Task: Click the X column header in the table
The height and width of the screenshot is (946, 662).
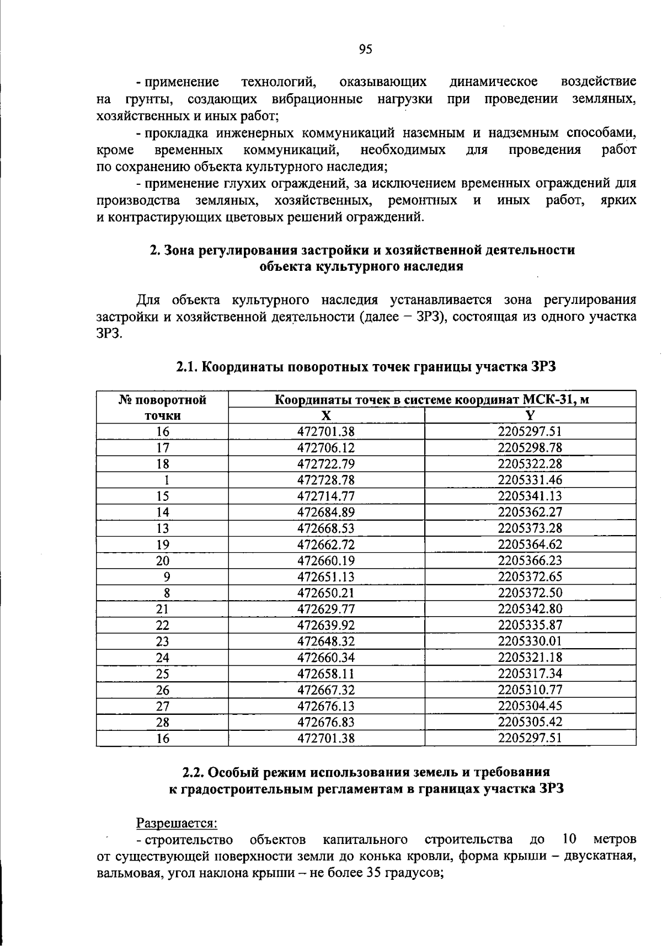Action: click(326, 415)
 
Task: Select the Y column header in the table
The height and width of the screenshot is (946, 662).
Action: click(530, 415)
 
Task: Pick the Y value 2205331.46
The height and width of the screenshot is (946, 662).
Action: click(530, 480)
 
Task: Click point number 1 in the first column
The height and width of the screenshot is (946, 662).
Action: click(163, 480)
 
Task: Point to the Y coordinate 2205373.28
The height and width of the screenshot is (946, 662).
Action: click(530, 528)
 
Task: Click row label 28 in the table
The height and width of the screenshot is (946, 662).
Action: click(163, 722)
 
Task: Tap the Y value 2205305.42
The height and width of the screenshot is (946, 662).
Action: click(530, 722)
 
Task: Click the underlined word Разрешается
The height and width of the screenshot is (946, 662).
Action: click(177, 823)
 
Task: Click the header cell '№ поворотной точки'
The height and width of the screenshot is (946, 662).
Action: click(163, 407)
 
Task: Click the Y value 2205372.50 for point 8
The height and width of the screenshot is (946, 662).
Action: click(530, 593)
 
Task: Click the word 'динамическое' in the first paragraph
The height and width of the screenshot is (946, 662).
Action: click(493, 82)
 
